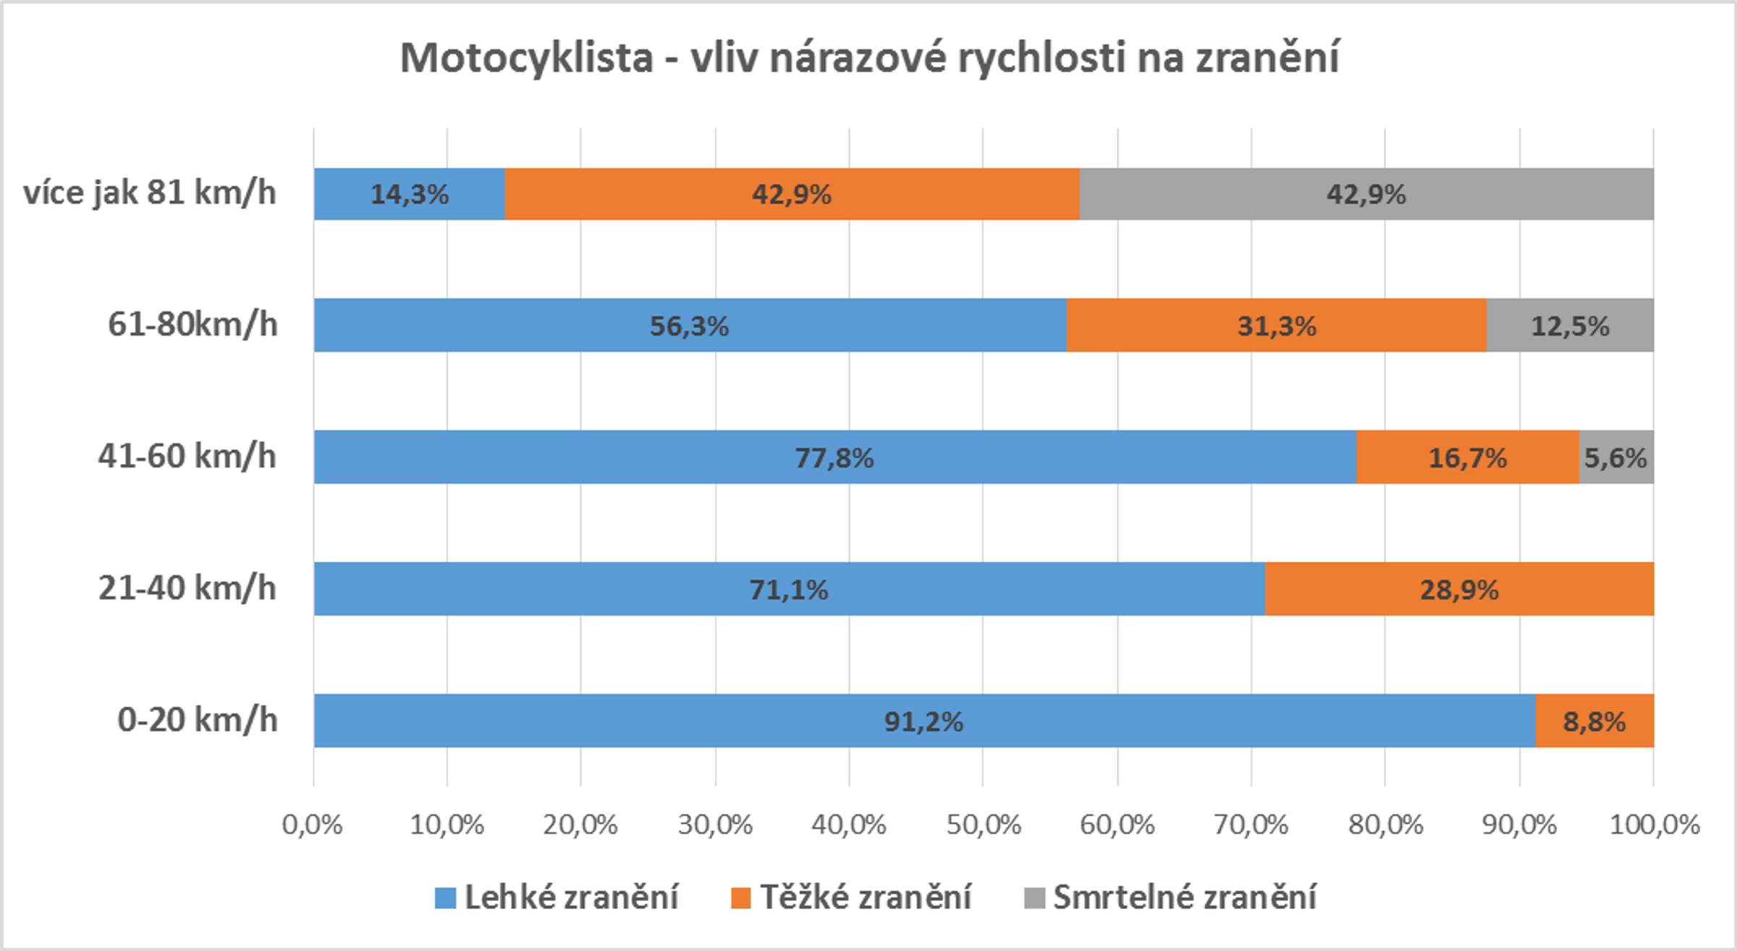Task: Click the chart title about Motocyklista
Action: pyautogui.click(x=869, y=57)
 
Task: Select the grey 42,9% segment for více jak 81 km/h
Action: pyautogui.click(x=1366, y=194)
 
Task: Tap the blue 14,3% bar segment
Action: pyautogui.click(x=410, y=194)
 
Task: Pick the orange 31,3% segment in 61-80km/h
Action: pyautogui.click(x=1276, y=326)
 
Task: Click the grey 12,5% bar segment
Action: pyautogui.click(x=1570, y=326)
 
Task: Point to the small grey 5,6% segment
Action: pyautogui.click(x=1615, y=457)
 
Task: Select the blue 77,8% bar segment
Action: pyautogui.click(x=834, y=457)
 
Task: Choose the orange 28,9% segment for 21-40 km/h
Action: pyautogui.click(x=1459, y=589)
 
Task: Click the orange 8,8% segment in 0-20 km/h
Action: pyautogui.click(x=1594, y=721)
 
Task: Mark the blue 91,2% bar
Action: pyautogui.click(x=924, y=721)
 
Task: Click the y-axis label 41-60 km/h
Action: pyautogui.click(x=187, y=457)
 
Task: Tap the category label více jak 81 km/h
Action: pyautogui.click(x=150, y=193)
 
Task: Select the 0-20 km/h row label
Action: pyautogui.click(x=197, y=720)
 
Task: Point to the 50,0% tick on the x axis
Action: pyautogui.click(x=984, y=824)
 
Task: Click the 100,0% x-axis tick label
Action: pyautogui.click(x=1654, y=824)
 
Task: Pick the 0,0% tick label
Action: pyautogui.click(x=312, y=824)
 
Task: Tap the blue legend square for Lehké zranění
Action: pyautogui.click(x=445, y=898)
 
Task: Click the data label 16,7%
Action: pyautogui.click(x=1467, y=457)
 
